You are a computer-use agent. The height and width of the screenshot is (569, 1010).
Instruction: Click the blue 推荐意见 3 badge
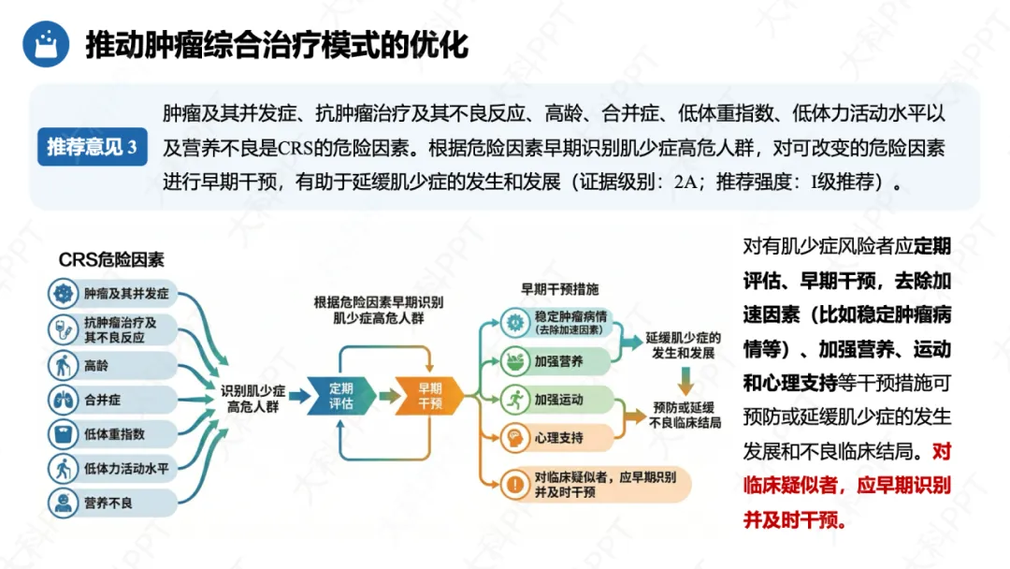92,147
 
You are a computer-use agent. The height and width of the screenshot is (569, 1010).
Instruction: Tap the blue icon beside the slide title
45,44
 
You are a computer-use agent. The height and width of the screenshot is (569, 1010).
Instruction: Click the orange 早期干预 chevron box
429,396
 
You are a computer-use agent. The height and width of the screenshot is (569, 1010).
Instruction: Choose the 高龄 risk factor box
112,365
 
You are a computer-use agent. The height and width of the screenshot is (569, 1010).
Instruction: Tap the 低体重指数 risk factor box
112,434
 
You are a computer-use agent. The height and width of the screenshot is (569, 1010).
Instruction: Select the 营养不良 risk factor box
112,503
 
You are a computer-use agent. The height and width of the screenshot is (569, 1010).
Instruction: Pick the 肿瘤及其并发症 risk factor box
112,294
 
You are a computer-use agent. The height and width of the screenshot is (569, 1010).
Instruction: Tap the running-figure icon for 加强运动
514,400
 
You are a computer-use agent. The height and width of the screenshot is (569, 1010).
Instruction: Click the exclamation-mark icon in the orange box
515,484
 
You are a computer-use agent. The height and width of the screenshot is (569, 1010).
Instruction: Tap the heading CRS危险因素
111,260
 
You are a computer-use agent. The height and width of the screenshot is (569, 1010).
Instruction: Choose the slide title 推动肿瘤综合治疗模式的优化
277,45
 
